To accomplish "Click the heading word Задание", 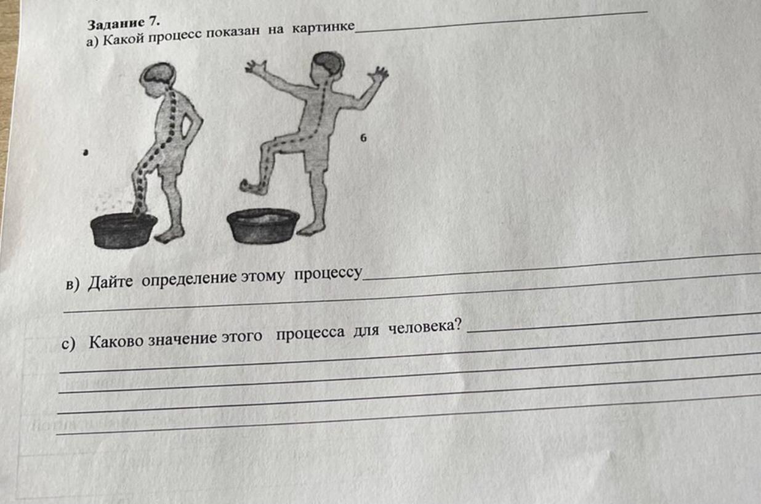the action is coord(116,24).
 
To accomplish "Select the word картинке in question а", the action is coord(323,27).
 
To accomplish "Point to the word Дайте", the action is coord(110,282).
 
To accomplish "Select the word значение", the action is coord(182,339).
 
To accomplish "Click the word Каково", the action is coord(116,341).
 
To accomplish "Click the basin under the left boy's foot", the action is coord(123,230).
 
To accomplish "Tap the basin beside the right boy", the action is coord(263,226).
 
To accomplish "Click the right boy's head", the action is coord(328,67).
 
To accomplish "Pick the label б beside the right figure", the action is coord(363,138).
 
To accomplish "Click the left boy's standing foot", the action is coord(170,234).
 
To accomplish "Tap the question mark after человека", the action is coord(458,325).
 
